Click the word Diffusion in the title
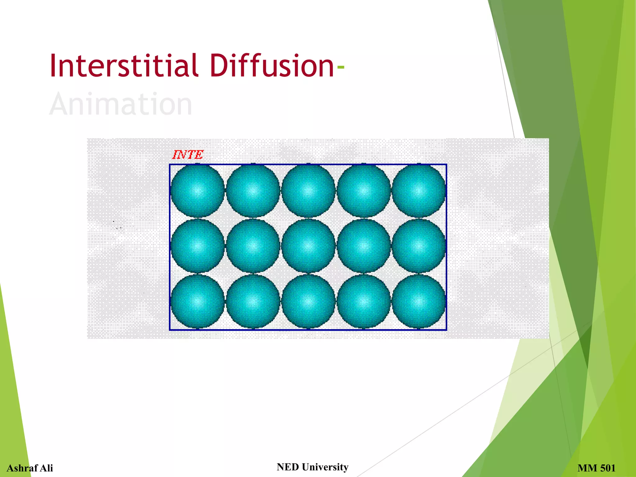click(272, 66)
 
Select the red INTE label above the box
click(188, 155)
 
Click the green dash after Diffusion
click(340, 67)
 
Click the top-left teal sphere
click(198, 191)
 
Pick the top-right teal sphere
click(419, 191)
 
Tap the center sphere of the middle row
click(308, 246)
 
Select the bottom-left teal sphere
click(198, 301)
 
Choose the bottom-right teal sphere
click(419, 301)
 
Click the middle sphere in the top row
click(308, 191)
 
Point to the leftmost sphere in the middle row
click(198, 246)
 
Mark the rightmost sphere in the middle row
click(419, 246)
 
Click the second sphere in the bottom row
click(253, 301)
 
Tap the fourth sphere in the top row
click(363, 191)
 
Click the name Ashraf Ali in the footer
click(30, 468)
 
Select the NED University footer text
click(312, 467)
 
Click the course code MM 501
click(596, 468)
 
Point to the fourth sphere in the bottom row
click(363, 301)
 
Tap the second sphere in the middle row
click(253, 246)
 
